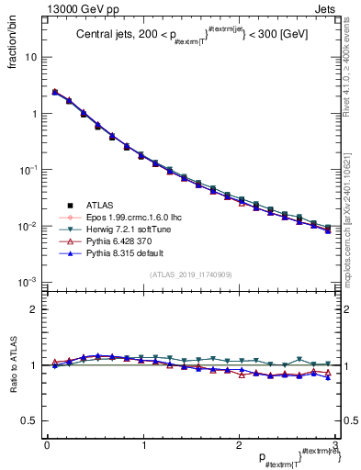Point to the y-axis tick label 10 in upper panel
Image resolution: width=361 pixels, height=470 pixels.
(30, 57)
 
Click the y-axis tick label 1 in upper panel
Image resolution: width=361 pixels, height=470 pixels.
(33, 114)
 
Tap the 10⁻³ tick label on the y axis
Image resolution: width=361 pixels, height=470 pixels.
(28, 282)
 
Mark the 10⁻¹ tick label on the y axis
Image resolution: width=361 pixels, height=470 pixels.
(28, 170)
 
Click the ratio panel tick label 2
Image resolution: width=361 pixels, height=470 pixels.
(33, 309)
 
